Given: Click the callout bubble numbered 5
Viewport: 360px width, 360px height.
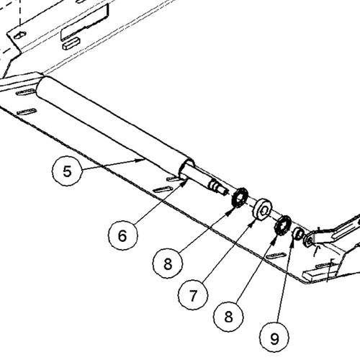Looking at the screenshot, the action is pyautogui.click(x=67, y=171).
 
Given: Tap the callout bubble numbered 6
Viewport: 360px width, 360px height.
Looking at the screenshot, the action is pyautogui.click(x=123, y=235).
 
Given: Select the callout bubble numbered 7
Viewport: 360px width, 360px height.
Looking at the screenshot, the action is pyautogui.click(x=193, y=295).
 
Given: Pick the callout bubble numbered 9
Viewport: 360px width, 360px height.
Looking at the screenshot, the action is pyautogui.click(x=274, y=338).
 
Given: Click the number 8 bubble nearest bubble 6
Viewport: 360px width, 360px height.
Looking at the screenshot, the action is pyautogui.click(x=168, y=263).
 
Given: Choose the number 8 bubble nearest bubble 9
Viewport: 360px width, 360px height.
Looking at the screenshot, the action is pyautogui.click(x=228, y=316).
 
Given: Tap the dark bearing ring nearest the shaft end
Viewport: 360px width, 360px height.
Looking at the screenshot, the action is pyautogui.click(x=239, y=198).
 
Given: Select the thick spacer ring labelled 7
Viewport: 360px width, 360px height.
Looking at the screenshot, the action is pyautogui.click(x=262, y=209).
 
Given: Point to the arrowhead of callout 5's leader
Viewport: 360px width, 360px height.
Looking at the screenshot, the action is pyautogui.click(x=141, y=160).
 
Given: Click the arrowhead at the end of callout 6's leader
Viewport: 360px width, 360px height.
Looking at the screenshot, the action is pyautogui.click(x=185, y=184).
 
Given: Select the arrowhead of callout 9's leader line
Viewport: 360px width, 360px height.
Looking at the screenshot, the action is pyautogui.click(x=292, y=244).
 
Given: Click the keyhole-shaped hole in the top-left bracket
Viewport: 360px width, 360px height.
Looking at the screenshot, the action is pyautogui.click(x=19, y=35).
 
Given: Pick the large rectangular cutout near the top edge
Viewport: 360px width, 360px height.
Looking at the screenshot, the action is pyautogui.click(x=84, y=23).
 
